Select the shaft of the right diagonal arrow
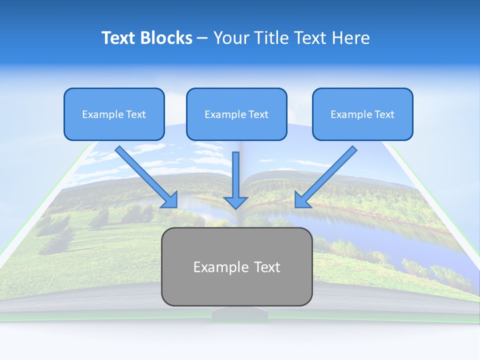(x=330, y=172)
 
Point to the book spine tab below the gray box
(x=236, y=315)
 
